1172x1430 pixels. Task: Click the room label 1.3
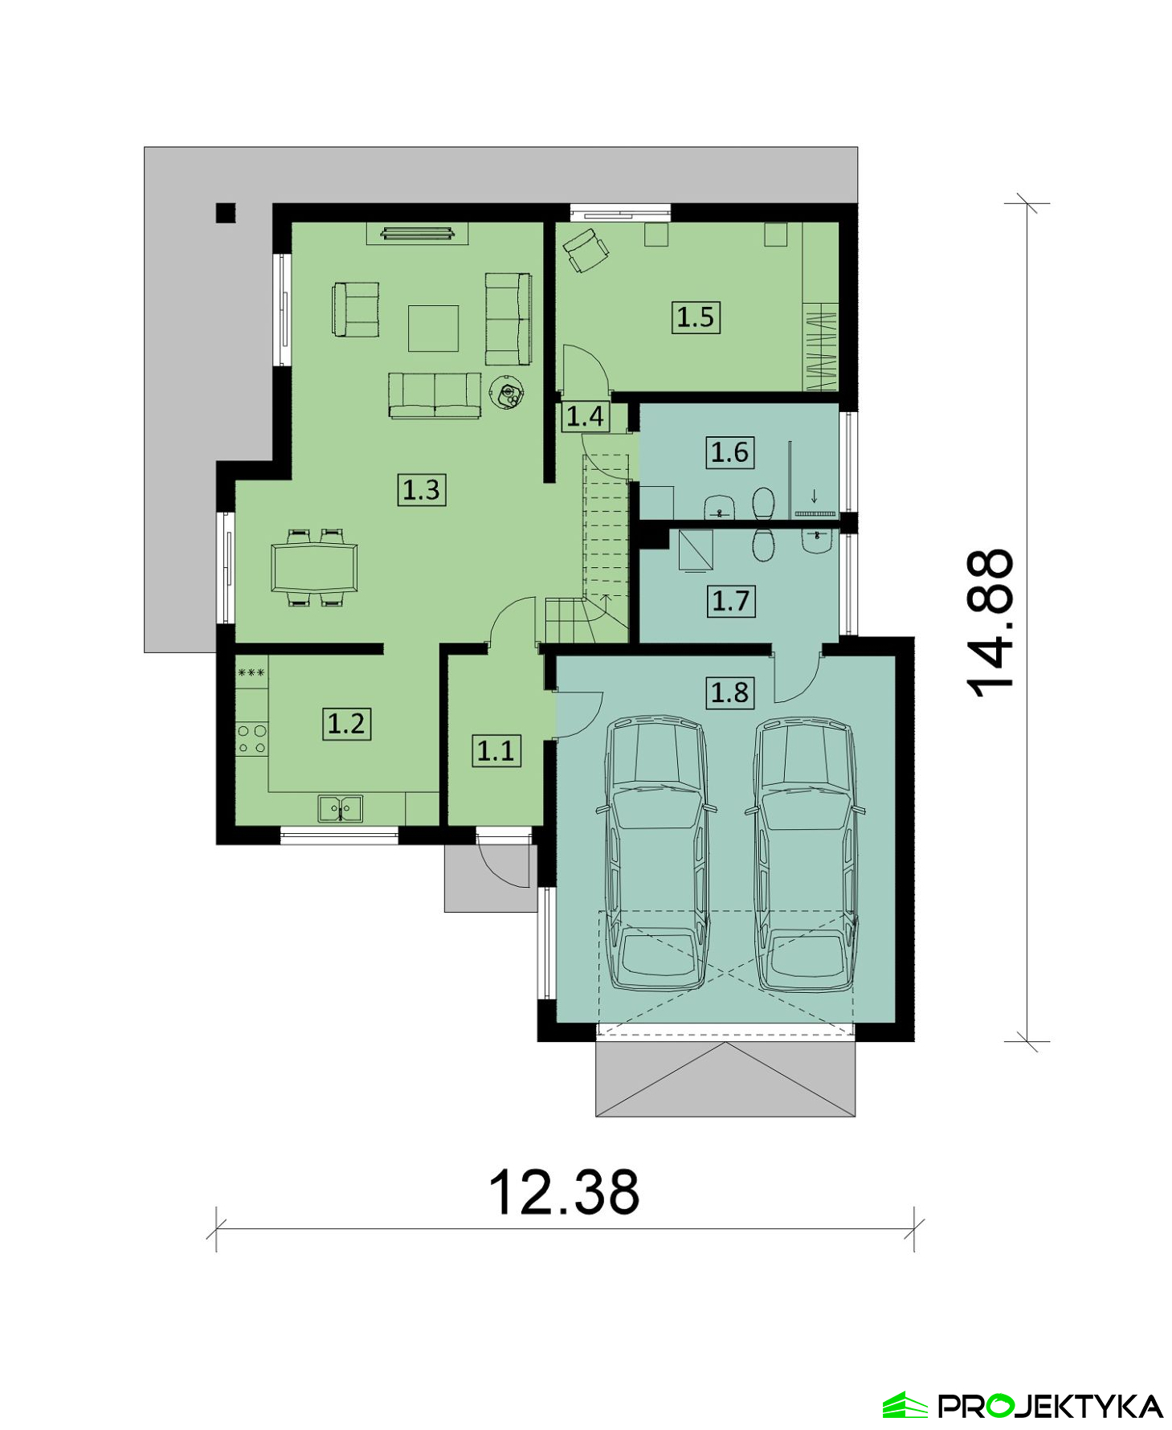421,489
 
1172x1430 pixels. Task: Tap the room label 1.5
695,317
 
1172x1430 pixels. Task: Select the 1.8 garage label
729,692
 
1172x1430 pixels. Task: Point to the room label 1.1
496,750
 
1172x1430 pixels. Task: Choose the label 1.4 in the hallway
585,416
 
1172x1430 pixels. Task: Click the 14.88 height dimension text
990,623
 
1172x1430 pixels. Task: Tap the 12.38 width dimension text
564,1192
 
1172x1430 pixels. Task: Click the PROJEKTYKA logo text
1051,1406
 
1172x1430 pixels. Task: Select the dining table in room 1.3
315,567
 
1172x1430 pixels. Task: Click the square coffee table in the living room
433,328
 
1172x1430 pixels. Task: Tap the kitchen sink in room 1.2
340,808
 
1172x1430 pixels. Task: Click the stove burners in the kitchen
251,739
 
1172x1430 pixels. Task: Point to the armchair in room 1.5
586,250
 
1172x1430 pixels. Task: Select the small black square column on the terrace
226,212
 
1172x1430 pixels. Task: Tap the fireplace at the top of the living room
417,233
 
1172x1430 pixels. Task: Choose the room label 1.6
729,452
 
